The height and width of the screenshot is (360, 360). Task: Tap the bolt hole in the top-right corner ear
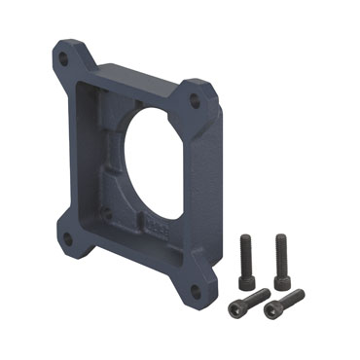[x=195, y=100]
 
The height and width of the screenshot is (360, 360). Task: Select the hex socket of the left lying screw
[x=236, y=308]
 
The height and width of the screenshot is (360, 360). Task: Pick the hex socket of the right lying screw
[x=271, y=310]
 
